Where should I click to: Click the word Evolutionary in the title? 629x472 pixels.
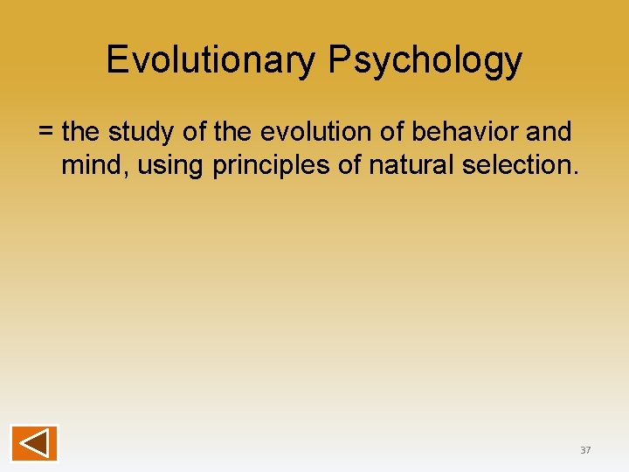coord(212,60)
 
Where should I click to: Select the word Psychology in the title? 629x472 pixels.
coord(425,60)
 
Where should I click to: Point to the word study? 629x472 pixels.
coord(143,132)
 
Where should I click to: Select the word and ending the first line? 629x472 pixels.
coord(549,132)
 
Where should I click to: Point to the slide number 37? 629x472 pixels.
coord(585,450)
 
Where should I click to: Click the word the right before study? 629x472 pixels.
coord(81,132)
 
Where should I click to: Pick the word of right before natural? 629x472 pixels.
coord(351,165)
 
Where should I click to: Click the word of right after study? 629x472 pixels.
coord(190,132)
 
